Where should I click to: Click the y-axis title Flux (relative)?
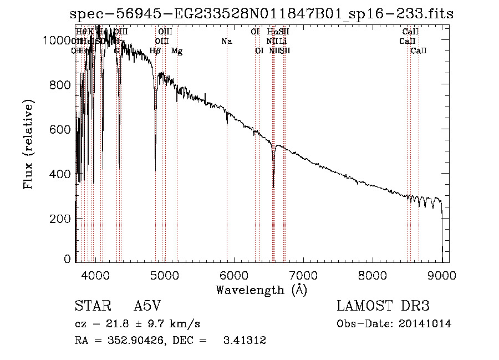[x=29, y=144]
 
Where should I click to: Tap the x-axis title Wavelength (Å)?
[x=261, y=290]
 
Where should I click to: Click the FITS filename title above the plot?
[x=262, y=14]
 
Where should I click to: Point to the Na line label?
[x=226, y=41]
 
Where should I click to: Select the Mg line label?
[x=177, y=51]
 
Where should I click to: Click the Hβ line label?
[x=155, y=51]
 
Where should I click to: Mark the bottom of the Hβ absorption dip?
[x=155, y=170]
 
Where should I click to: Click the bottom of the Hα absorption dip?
[x=273, y=187]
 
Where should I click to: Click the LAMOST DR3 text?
[x=383, y=306]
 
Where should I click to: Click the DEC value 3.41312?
[x=244, y=341]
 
